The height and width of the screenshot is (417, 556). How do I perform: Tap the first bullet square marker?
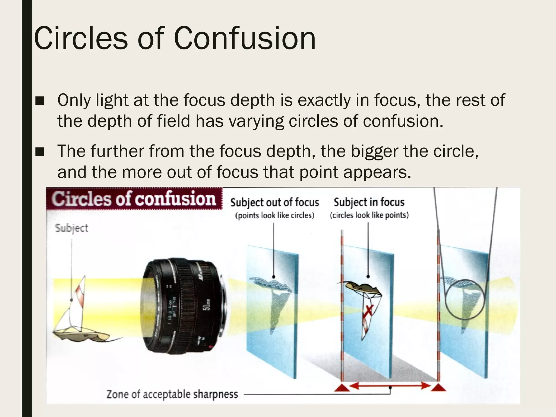[x=40, y=101]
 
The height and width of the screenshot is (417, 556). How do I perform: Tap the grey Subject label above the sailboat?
[x=72, y=228]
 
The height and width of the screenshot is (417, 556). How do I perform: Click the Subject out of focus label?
[x=274, y=203]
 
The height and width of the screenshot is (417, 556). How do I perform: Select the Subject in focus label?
[x=369, y=202]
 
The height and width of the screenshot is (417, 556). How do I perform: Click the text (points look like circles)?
[x=274, y=216]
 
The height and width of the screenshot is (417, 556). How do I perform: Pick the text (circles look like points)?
[x=369, y=215]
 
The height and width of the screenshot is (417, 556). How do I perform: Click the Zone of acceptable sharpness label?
[x=172, y=394]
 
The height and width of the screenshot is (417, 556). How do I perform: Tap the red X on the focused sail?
[x=369, y=310]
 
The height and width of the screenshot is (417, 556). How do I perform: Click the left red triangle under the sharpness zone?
[x=342, y=387]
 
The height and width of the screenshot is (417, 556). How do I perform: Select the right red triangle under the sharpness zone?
[x=438, y=387]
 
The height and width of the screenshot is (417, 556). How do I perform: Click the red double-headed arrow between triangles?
[x=390, y=386]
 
